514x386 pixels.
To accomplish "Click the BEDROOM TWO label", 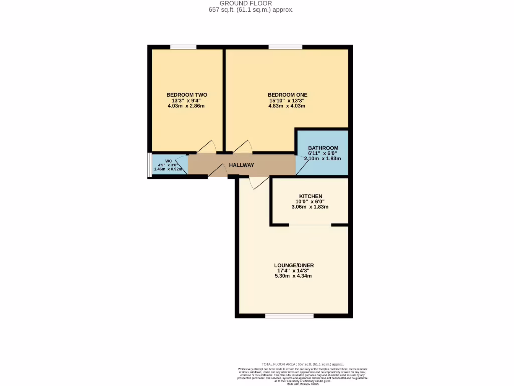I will (187, 95).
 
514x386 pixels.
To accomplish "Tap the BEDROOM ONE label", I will (287, 95).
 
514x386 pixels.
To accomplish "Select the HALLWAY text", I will (241, 165).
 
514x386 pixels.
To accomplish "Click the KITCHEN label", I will (310, 196).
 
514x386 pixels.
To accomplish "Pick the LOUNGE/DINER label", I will (294, 265).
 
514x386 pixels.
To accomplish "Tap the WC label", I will (161, 161).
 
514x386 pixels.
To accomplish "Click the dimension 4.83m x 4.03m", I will (287, 106).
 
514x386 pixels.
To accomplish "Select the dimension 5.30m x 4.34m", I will (294, 276).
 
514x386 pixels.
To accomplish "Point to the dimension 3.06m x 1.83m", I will (310, 207).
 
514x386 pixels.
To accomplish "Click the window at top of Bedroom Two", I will (183, 47).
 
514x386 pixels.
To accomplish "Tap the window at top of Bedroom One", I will (285, 47).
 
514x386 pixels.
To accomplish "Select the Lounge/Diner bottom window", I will (289, 316).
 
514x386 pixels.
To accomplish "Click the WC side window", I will (149, 164).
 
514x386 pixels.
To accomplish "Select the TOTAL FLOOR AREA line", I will (303, 364).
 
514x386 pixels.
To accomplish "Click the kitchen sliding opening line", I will (310, 225).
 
